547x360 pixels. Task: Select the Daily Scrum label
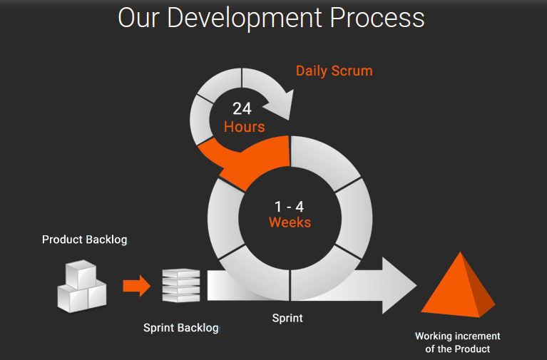click(x=334, y=71)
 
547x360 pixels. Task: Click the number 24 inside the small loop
click(x=242, y=109)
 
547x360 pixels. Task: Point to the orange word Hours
click(x=244, y=127)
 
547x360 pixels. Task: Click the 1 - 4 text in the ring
click(x=290, y=206)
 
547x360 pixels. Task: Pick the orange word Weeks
click(x=290, y=222)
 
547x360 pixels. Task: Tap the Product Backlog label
click(x=84, y=240)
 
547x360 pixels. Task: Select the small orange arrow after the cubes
click(x=136, y=287)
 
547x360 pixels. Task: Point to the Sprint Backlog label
click(x=180, y=328)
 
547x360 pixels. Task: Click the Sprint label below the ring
click(x=287, y=318)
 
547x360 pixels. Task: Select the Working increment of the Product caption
click(x=457, y=342)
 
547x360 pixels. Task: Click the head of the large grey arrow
click(x=399, y=285)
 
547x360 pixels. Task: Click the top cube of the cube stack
click(x=81, y=273)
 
